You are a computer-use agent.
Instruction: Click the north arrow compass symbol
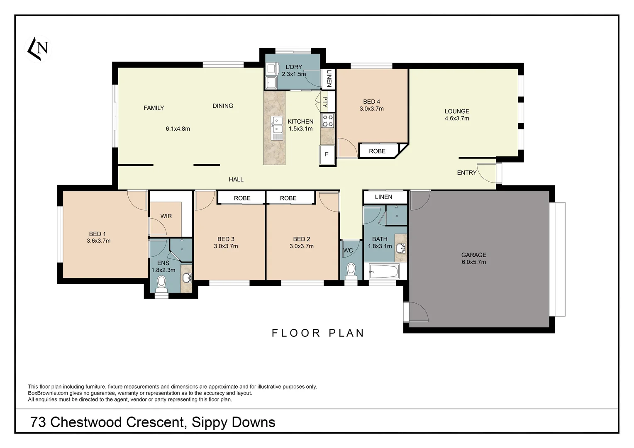click(x=38, y=49)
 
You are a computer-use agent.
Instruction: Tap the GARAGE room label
click(x=473, y=255)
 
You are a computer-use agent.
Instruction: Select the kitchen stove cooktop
click(x=328, y=120)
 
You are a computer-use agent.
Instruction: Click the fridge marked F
click(x=327, y=154)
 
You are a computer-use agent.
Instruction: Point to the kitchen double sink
click(x=277, y=127)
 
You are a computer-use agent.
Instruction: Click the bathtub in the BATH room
click(x=384, y=272)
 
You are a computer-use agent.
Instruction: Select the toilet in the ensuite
click(x=161, y=283)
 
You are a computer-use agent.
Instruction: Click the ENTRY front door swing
click(x=486, y=173)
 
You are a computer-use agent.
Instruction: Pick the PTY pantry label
click(x=325, y=102)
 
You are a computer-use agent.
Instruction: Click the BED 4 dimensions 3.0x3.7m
click(x=371, y=109)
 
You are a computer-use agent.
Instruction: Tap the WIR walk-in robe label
click(x=166, y=216)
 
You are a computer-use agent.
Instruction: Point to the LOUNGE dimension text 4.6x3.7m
click(x=457, y=118)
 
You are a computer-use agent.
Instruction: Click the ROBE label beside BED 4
click(x=377, y=151)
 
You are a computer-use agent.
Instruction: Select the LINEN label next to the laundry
click(x=329, y=78)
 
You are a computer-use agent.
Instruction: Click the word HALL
click(x=236, y=179)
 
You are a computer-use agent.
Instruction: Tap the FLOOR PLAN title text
click(x=318, y=333)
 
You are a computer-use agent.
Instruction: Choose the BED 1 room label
click(x=98, y=234)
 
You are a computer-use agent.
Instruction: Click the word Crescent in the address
click(x=155, y=422)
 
